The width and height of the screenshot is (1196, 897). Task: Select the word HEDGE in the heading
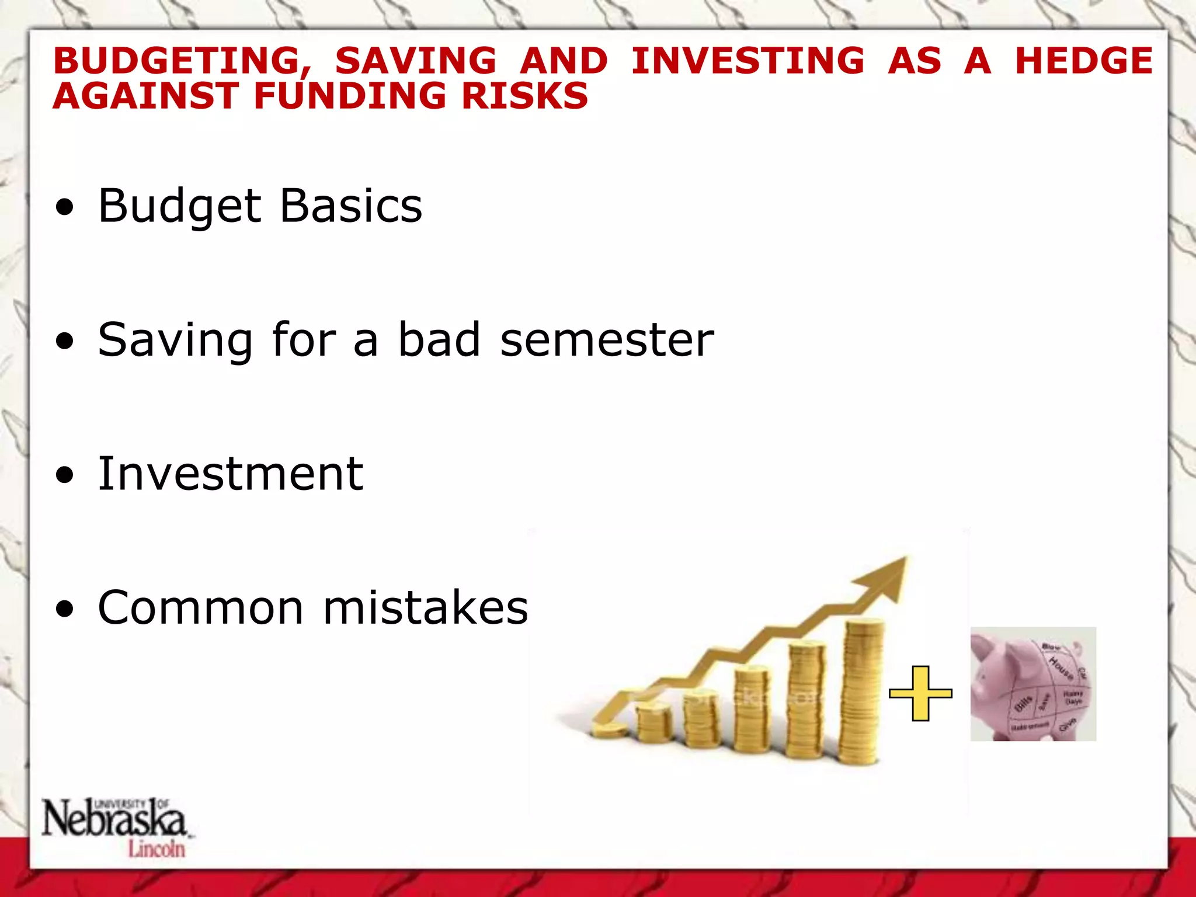pyautogui.click(x=1084, y=61)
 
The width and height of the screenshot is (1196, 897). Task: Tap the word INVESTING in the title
pyautogui.click(x=747, y=61)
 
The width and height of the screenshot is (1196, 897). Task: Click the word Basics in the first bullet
pyautogui.click(x=351, y=206)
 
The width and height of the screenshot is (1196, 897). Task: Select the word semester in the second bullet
pyautogui.click(x=607, y=340)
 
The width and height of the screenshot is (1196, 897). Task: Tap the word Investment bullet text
pyautogui.click(x=231, y=474)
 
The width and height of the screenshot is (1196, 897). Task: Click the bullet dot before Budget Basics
pyautogui.click(x=65, y=207)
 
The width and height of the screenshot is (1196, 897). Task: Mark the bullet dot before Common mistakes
pyautogui.click(x=65, y=609)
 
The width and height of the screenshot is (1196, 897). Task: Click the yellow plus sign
pyautogui.click(x=920, y=693)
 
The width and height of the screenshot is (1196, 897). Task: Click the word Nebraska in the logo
pyautogui.click(x=114, y=819)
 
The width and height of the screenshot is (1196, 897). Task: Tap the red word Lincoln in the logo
pyautogui.click(x=157, y=849)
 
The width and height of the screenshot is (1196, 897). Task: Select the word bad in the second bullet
pyautogui.click(x=439, y=340)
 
